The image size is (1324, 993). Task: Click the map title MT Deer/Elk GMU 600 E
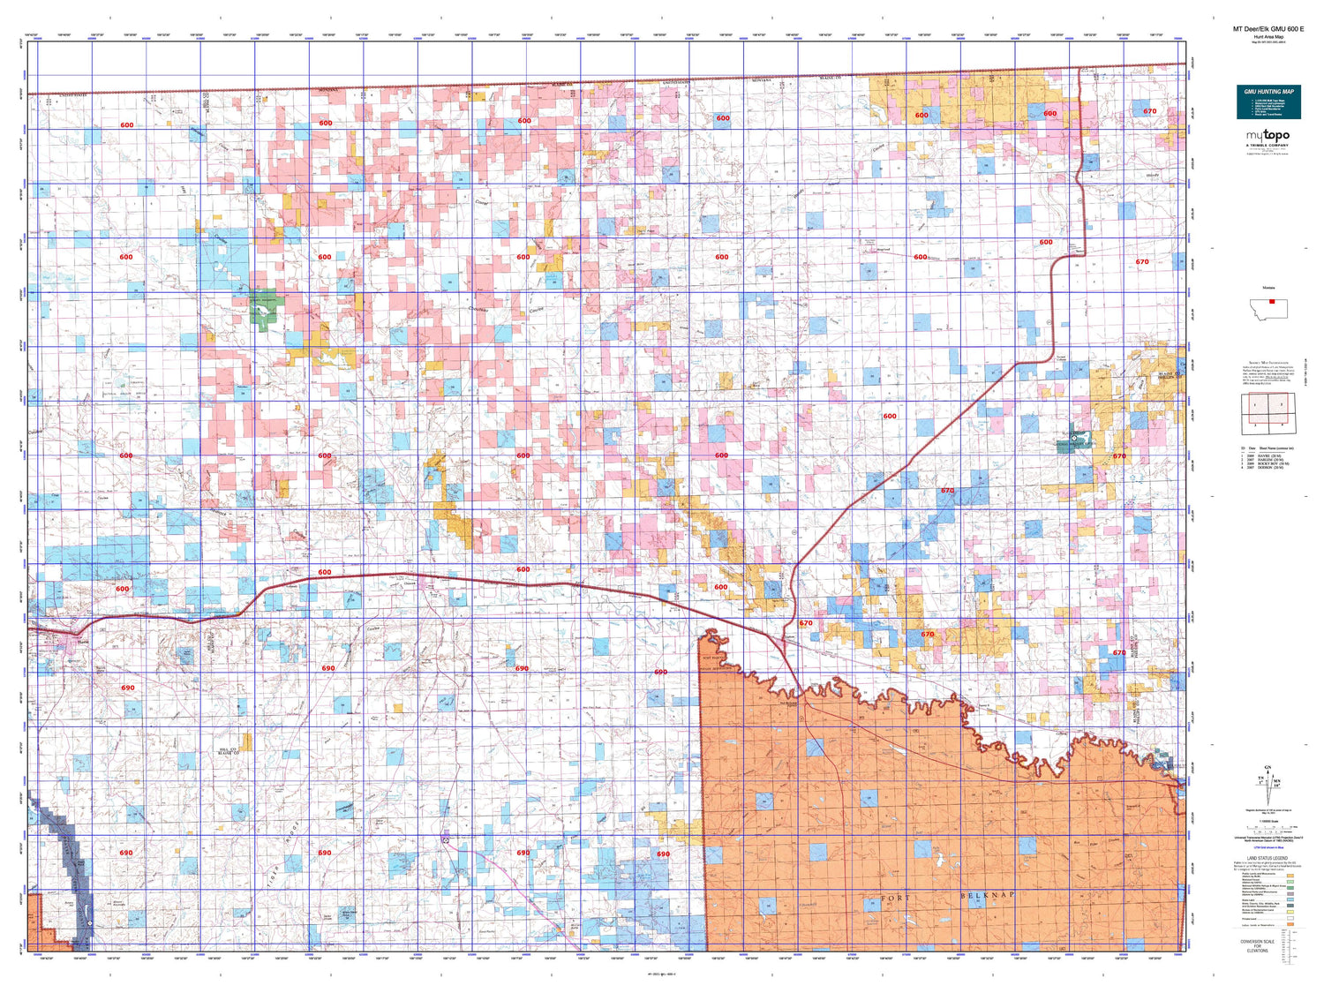pyautogui.click(x=1268, y=29)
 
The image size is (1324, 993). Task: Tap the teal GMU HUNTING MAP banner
pyautogui.click(x=1268, y=102)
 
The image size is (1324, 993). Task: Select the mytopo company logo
pyautogui.click(x=1268, y=137)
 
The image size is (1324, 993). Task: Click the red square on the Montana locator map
pyautogui.click(x=1271, y=302)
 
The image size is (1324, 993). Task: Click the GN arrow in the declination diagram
pyautogui.click(x=1269, y=770)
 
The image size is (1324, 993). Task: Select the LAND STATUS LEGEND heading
pyautogui.click(x=1267, y=858)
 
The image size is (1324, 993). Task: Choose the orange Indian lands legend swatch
pyautogui.click(x=1290, y=925)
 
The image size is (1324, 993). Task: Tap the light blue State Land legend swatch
pyautogui.click(x=1290, y=900)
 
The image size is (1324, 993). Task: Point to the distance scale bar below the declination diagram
pyautogui.click(x=1268, y=829)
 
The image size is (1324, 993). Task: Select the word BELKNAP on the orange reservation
pyautogui.click(x=987, y=895)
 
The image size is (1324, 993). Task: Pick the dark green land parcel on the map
pyautogui.click(x=265, y=309)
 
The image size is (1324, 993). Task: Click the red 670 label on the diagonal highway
pyautogui.click(x=947, y=491)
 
